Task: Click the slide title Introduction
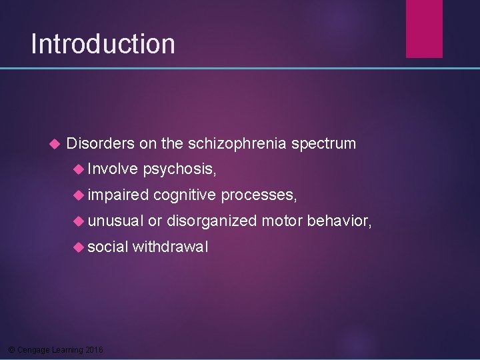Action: (103, 44)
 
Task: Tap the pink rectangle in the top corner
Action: (425, 28)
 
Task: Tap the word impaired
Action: (118, 195)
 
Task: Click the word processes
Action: (259, 195)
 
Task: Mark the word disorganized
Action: (211, 221)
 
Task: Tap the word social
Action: (108, 247)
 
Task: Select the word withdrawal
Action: (170, 247)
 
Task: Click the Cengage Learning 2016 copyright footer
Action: (54, 349)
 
